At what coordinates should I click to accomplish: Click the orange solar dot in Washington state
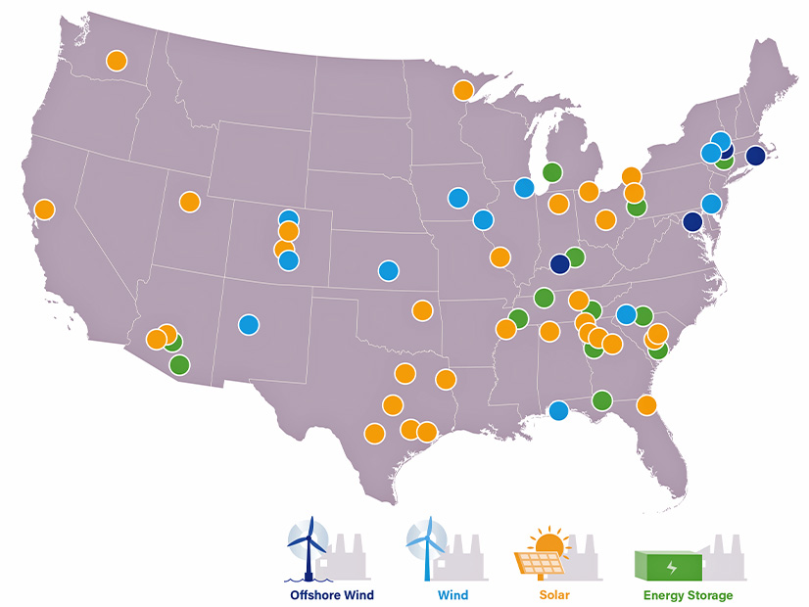tap(117, 60)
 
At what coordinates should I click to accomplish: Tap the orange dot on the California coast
tap(44, 209)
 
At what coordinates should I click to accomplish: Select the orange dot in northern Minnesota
tap(462, 91)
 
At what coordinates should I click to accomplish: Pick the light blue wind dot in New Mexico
tap(249, 324)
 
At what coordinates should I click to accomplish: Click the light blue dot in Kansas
tap(389, 270)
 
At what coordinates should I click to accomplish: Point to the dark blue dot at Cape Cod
tap(755, 156)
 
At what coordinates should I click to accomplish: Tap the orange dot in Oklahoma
tap(422, 310)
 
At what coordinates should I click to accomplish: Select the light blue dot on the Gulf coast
tap(558, 410)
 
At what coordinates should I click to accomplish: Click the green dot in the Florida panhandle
tap(601, 399)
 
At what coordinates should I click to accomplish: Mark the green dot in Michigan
tap(552, 171)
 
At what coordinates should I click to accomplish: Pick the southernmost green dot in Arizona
tap(179, 365)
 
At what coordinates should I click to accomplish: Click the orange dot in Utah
tap(189, 202)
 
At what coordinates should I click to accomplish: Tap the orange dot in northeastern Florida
tap(646, 404)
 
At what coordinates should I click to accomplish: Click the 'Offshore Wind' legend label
tap(332, 595)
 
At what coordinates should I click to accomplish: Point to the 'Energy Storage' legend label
tap(688, 595)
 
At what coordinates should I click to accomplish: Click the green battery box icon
tap(669, 565)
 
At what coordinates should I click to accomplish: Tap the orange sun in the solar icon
tap(549, 544)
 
